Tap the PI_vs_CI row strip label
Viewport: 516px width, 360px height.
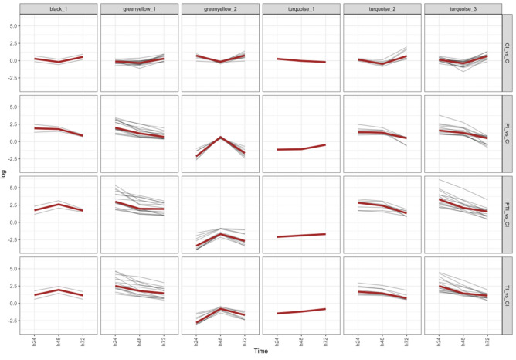click(x=508, y=134)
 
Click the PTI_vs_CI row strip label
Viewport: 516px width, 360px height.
click(x=508, y=215)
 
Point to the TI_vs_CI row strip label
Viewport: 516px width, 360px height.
click(x=508, y=295)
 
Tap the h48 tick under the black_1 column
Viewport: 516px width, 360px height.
click(x=59, y=341)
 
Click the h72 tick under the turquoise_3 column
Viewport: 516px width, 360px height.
click(x=487, y=341)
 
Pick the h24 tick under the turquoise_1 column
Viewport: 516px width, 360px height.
click(x=276, y=341)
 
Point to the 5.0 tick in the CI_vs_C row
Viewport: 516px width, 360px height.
click(x=12, y=25)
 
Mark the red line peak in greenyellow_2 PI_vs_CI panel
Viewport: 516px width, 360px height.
click(x=220, y=138)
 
